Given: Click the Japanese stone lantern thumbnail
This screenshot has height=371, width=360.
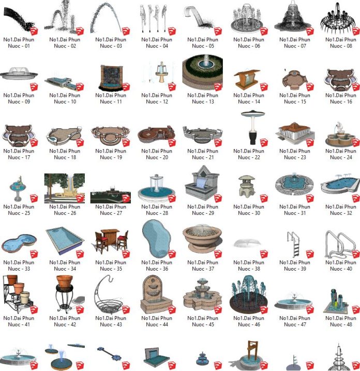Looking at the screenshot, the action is pos(246,186).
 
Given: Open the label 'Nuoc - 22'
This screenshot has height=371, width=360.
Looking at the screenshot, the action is pos(249,157).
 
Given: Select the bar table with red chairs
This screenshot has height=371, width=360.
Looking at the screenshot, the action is pos(111,241).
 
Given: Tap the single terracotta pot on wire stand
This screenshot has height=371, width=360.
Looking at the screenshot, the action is pos(65,294).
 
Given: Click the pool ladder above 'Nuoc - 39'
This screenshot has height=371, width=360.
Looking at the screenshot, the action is pos(294,244).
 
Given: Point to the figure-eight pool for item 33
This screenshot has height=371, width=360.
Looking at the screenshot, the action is pos(19,243).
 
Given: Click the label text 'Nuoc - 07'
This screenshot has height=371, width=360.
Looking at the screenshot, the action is pos(295,46).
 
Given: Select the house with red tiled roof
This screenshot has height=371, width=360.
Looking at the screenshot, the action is pos(295,133).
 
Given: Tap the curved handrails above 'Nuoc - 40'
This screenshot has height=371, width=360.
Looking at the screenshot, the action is pos(340,244).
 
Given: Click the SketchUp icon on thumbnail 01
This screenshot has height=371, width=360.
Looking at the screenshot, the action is pos(34,32).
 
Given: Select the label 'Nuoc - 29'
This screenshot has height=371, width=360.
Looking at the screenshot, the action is pos(203,213).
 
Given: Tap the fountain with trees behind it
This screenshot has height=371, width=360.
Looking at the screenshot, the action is pos(64,188).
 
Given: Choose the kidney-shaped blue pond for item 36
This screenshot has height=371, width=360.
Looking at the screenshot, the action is pos(156,239).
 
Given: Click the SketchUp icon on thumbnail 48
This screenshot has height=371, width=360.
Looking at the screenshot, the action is pos(356,310).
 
